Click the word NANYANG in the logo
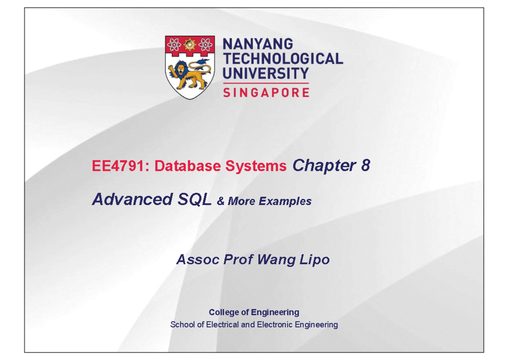[258, 44]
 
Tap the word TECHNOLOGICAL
[282, 59]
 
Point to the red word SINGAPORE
[266, 93]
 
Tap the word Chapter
[324, 166]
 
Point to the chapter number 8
[366, 166]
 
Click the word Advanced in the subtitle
[130, 199]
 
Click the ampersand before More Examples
[221, 201]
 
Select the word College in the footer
[224, 312]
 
